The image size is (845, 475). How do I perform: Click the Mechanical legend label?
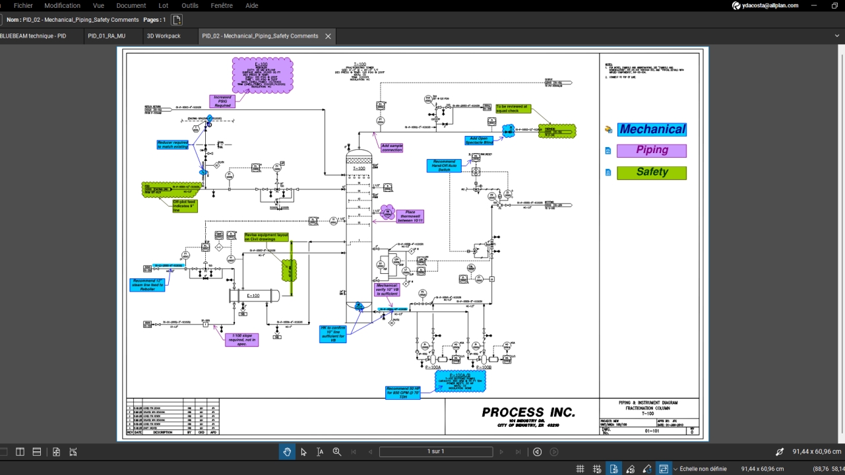click(652, 129)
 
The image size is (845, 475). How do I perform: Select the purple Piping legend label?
click(652, 150)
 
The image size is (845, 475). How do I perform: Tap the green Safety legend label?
click(652, 173)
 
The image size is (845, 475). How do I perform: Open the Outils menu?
click(190, 5)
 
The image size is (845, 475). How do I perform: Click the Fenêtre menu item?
click(222, 5)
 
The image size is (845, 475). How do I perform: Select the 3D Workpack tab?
click(164, 36)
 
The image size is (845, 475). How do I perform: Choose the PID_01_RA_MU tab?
click(106, 36)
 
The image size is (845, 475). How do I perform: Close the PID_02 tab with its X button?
click(328, 36)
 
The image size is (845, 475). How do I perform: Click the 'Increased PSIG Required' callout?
click(222, 101)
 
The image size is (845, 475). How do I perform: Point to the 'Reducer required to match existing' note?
click(173, 144)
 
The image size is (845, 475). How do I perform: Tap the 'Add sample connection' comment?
click(392, 148)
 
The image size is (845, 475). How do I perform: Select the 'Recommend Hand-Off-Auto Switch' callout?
click(444, 166)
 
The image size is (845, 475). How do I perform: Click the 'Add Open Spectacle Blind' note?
click(479, 141)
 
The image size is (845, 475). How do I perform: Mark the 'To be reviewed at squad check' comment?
click(512, 108)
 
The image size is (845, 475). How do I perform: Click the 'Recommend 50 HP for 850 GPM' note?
click(403, 393)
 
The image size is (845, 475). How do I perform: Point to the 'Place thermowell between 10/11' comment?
click(410, 216)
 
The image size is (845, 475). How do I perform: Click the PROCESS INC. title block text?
click(528, 412)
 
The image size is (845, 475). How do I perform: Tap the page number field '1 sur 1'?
click(435, 452)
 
